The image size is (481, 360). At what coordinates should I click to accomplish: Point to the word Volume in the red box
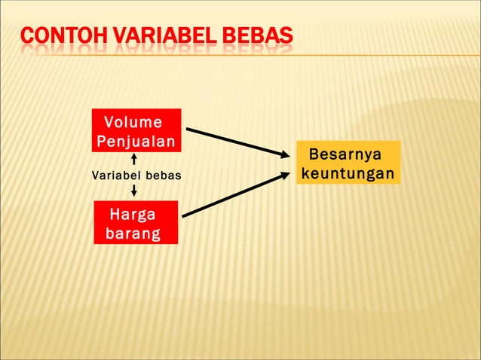pos(133,122)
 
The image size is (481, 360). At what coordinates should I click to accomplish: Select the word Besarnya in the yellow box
pos(345,155)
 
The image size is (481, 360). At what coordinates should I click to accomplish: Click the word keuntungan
pos(348,174)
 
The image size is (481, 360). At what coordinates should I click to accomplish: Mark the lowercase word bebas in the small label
pos(164,176)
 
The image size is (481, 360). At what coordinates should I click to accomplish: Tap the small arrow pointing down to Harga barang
pos(134,191)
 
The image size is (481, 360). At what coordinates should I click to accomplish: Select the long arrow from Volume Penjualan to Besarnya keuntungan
pos(234,142)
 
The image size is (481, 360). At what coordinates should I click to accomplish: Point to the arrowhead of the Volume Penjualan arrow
pos(285,154)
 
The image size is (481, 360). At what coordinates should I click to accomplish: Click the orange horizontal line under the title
pos(377,55)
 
